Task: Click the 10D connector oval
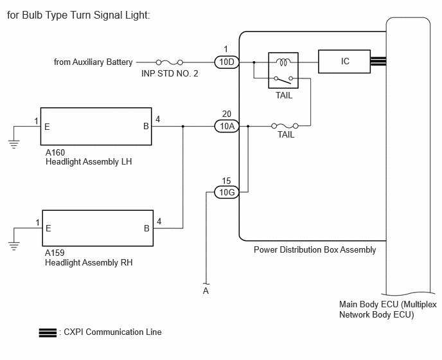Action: coord(227,62)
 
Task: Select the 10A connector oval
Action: coord(227,126)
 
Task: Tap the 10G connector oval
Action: coord(227,192)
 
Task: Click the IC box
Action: coord(344,62)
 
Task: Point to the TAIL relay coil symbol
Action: coord(283,62)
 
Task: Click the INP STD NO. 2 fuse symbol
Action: coord(170,62)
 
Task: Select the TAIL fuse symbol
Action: coord(285,126)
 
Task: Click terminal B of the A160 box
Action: coord(146,127)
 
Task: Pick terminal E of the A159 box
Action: coord(48,228)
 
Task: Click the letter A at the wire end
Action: coord(206,291)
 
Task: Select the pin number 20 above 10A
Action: coord(227,114)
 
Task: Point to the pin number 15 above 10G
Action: coord(226,181)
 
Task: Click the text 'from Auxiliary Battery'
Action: coord(93,62)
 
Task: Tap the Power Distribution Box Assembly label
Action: coord(315,250)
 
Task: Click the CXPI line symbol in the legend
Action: coord(48,333)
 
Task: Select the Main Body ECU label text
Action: coord(388,309)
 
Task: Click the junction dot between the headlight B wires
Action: coord(183,126)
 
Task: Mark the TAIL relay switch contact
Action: coord(283,80)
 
